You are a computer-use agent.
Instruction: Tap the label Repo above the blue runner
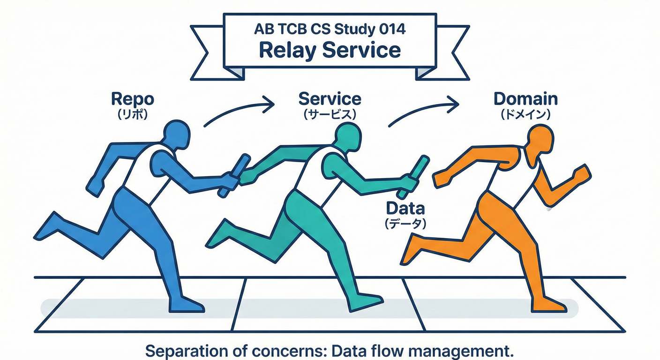click(x=133, y=99)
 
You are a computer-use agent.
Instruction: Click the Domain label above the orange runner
click(x=525, y=99)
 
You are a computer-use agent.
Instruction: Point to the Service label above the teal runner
click(x=330, y=99)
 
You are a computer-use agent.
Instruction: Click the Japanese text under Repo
click(x=133, y=114)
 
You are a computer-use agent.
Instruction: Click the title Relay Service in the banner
click(x=330, y=50)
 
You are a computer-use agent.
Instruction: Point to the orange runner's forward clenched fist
click(x=580, y=173)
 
